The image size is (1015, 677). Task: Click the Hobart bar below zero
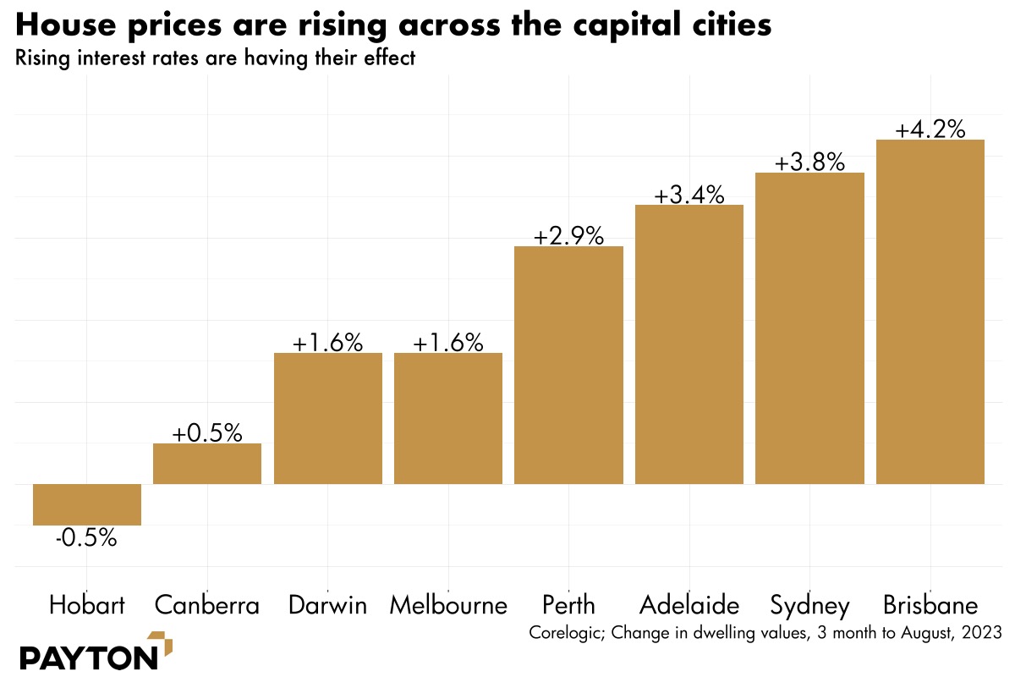tap(87, 504)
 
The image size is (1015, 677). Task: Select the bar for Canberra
tap(207, 464)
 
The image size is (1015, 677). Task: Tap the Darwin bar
tap(328, 418)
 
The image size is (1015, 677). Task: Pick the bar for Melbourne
tap(448, 418)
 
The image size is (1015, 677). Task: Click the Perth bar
tap(568, 365)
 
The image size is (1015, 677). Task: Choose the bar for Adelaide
tap(689, 344)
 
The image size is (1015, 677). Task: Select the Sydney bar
tap(809, 328)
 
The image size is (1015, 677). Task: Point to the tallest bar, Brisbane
tap(930, 311)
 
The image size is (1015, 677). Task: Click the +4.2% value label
tap(930, 129)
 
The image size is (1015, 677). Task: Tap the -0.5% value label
tap(86, 538)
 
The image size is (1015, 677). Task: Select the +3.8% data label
tap(809, 162)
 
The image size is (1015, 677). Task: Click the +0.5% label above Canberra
tap(207, 433)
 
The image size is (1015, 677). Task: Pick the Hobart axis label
tap(87, 606)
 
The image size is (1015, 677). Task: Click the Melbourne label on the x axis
tap(448, 606)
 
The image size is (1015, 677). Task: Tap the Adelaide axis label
tap(689, 606)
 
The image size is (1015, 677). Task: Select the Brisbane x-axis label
tap(930, 606)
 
